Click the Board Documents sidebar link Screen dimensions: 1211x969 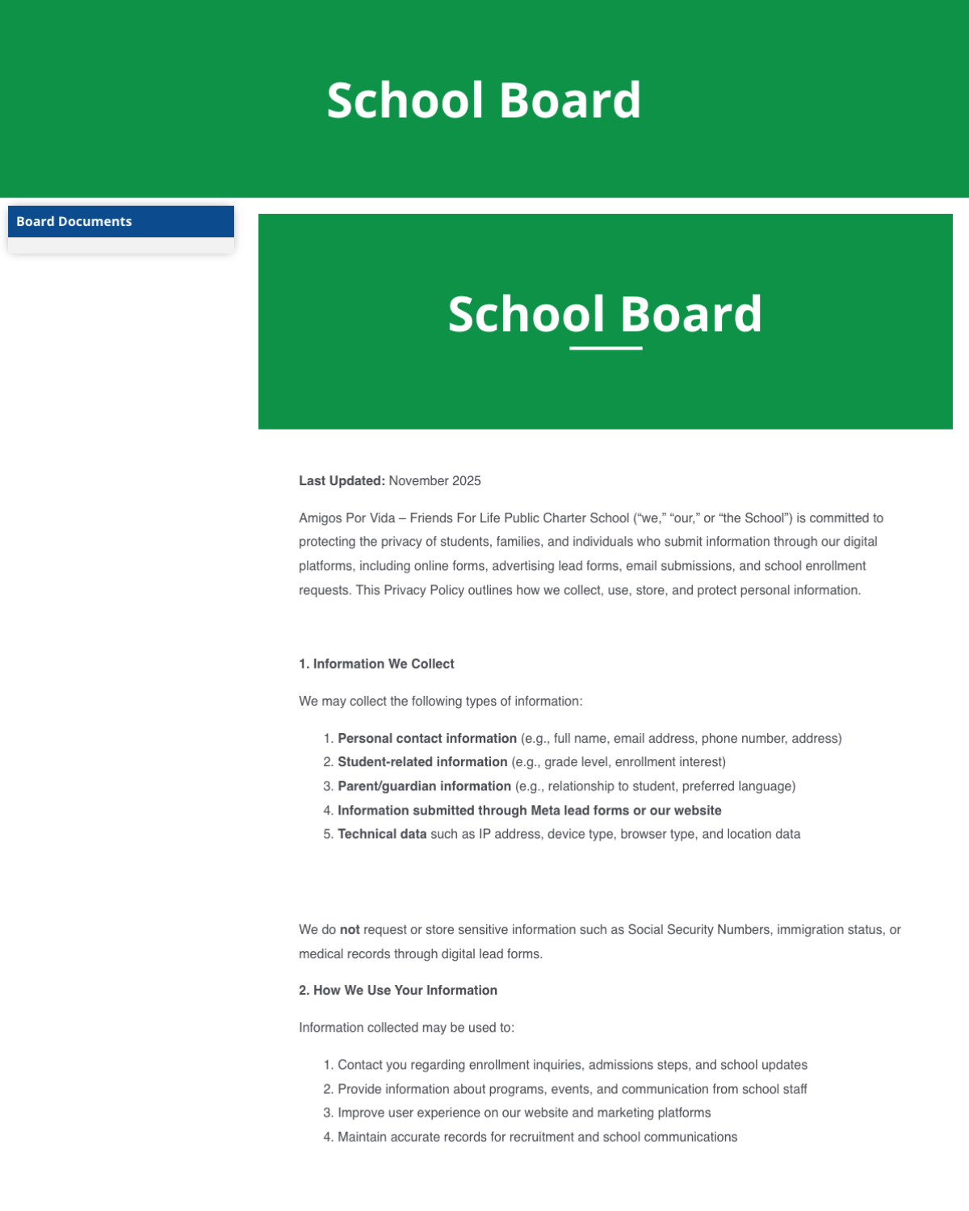[x=74, y=222]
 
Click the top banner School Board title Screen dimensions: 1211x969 [x=484, y=101]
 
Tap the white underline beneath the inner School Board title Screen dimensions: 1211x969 [x=606, y=348]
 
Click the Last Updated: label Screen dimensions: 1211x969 [x=342, y=481]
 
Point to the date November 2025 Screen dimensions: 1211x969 [x=434, y=481]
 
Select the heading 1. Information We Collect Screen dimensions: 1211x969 [x=376, y=664]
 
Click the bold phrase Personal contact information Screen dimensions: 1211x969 [x=426, y=739]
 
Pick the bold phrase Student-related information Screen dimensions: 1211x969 [x=422, y=762]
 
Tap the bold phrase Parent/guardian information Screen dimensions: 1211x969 [x=424, y=786]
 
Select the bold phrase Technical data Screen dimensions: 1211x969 [x=382, y=834]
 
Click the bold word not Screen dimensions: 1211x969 [x=350, y=930]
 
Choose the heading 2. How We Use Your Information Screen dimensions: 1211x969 [x=398, y=991]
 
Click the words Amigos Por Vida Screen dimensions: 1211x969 [x=347, y=518]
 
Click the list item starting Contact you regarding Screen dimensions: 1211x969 [x=572, y=1066]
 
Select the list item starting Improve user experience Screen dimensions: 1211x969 [x=523, y=1113]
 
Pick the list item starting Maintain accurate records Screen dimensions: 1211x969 [x=537, y=1138]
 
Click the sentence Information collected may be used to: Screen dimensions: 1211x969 [x=406, y=1028]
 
